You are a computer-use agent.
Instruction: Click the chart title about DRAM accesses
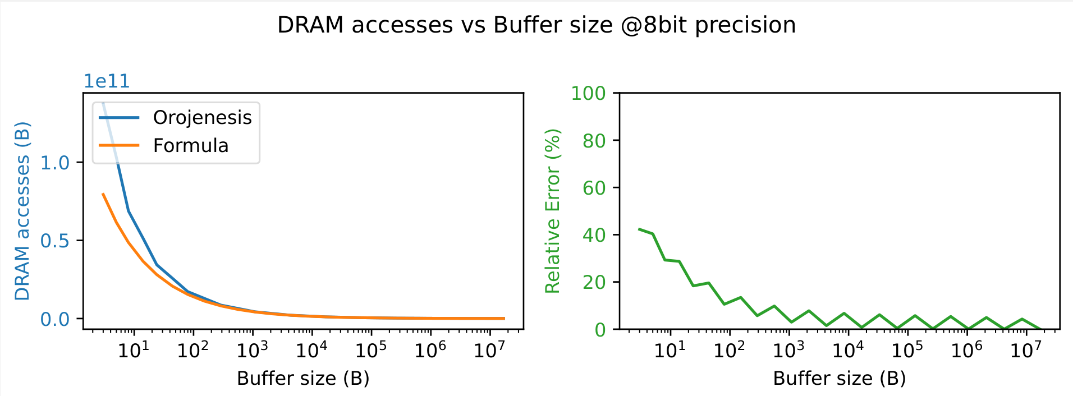(536, 25)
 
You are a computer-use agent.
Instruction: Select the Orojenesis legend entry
(202, 117)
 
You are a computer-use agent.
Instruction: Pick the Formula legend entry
(190, 146)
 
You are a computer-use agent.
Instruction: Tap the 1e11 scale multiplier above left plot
(107, 81)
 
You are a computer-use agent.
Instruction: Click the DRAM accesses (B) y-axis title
(22, 211)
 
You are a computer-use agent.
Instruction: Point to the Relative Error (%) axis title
(553, 211)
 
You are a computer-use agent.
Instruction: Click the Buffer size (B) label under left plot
(303, 379)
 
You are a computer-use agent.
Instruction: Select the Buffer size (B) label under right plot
(839, 379)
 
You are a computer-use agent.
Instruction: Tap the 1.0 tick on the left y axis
(55, 163)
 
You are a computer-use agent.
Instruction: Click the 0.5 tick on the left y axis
(55, 241)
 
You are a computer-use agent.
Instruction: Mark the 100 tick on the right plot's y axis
(588, 93)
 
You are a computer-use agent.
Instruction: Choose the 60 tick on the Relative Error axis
(594, 187)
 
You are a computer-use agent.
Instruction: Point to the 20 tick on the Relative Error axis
(594, 282)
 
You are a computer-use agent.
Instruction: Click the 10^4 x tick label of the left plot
(311, 350)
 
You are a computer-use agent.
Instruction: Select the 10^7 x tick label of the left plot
(489, 350)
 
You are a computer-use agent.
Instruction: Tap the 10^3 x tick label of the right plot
(788, 350)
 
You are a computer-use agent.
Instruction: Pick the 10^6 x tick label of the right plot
(966, 350)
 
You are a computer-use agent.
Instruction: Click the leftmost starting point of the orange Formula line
(103, 194)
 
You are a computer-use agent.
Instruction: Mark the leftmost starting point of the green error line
(639, 229)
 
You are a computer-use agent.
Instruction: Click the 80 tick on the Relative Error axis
(594, 140)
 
